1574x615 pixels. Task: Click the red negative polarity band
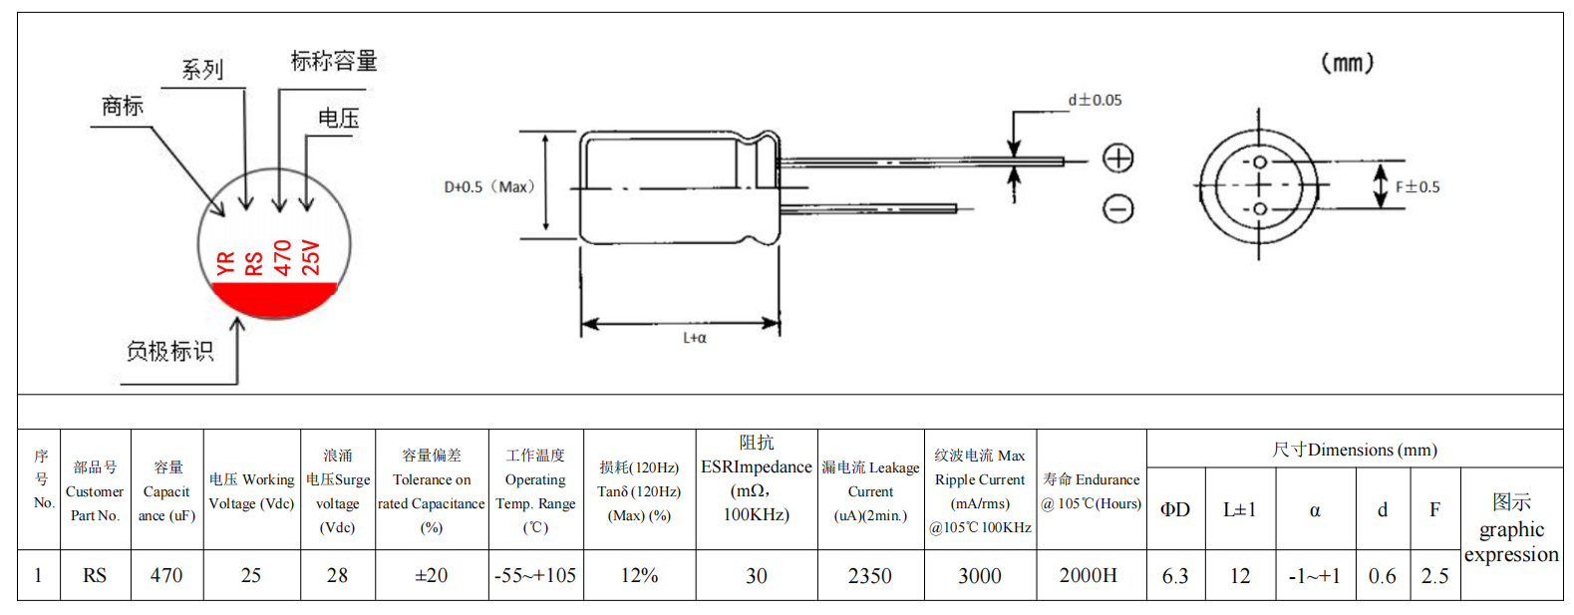pyautogui.click(x=275, y=295)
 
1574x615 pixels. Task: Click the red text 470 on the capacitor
pyautogui.click(x=283, y=257)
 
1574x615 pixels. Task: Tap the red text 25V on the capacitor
pyautogui.click(x=311, y=257)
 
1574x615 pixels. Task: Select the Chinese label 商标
pyautogui.click(x=123, y=106)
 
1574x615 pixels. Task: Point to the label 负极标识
pyautogui.click(x=169, y=351)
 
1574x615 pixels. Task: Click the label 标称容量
pyautogui.click(x=334, y=61)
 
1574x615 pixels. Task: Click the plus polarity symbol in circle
pyautogui.click(x=1118, y=157)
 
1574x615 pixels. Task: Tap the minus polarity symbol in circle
pyautogui.click(x=1118, y=208)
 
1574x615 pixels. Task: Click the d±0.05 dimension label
pyautogui.click(x=1095, y=100)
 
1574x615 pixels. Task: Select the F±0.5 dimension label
pyautogui.click(x=1417, y=186)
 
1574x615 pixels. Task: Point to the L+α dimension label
pyautogui.click(x=695, y=338)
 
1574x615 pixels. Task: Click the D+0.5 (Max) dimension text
pyautogui.click(x=489, y=186)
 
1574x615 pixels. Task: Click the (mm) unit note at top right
pyautogui.click(x=1347, y=63)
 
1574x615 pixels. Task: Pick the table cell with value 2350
pyautogui.click(x=870, y=576)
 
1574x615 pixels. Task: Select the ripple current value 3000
pyautogui.click(x=980, y=576)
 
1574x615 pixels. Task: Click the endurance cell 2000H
pyautogui.click(x=1089, y=576)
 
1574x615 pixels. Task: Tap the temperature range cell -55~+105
pyautogui.click(x=535, y=576)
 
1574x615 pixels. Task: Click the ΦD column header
pyautogui.click(x=1175, y=509)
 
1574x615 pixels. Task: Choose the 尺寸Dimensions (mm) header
pyautogui.click(x=1354, y=450)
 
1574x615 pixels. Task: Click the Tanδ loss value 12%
pyautogui.click(x=639, y=576)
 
